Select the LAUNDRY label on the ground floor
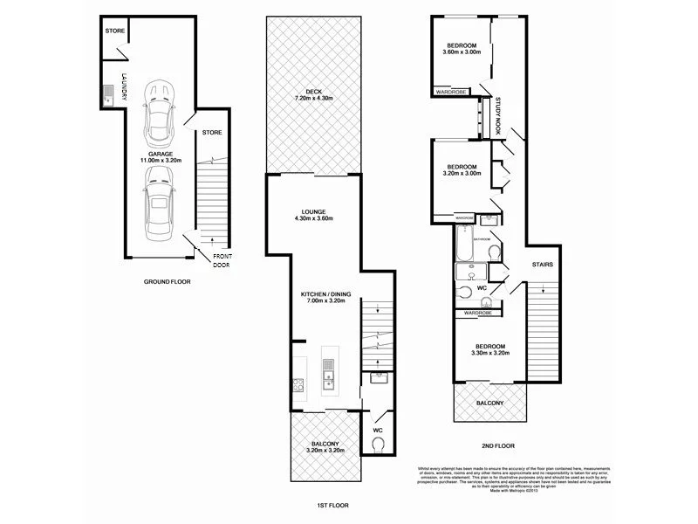click(x=125, y=87)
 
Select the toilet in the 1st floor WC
click(x=378, y=445)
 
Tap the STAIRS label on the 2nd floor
click(x=542, y=263)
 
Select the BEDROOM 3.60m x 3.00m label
click(x=462, y=50)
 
